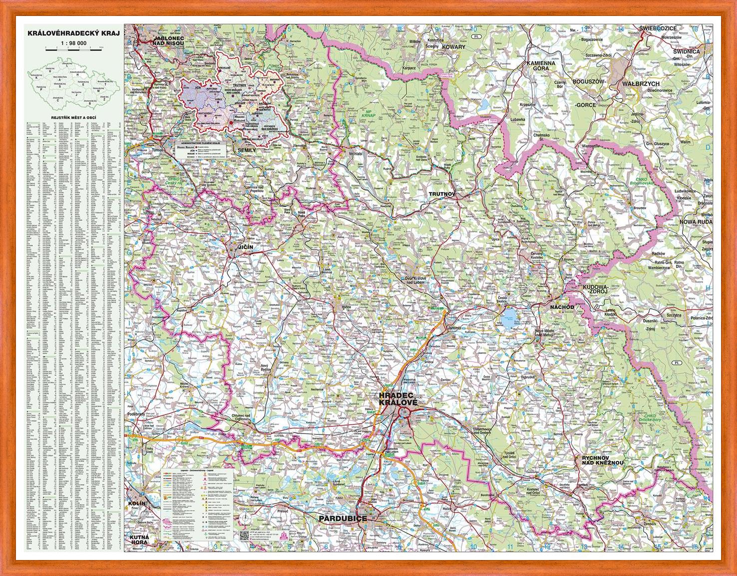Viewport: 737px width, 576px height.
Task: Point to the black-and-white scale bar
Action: pos(73,49)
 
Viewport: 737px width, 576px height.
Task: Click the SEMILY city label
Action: pos(246,150)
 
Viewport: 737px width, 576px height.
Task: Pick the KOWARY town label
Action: pos(452,47)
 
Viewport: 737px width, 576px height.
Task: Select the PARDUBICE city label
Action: pos(343,518)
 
